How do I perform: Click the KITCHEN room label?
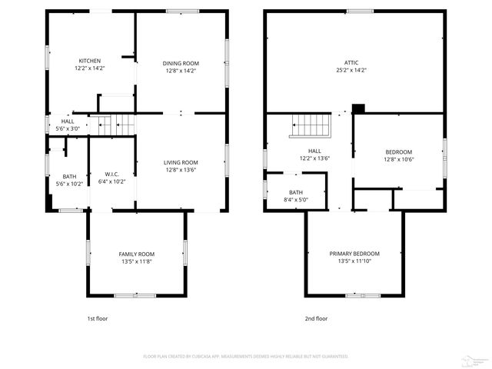(90, 61)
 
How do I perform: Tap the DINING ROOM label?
(180, 63)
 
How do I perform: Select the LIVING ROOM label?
(180, 162)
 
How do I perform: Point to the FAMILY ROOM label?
(136, 254)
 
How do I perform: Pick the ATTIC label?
(351, 62)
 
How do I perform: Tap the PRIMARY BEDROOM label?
(354, 254)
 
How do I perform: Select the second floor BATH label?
(296, 192)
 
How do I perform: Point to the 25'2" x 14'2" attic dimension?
(351, 70)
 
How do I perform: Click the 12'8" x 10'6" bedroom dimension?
(398, 160)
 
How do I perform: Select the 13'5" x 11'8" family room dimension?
(136, 261)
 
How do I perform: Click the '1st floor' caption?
(98, 318)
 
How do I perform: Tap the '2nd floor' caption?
(316, 318)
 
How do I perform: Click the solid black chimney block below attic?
(357, 108)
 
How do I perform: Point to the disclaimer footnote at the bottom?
(246, 357)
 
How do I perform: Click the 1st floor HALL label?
(68, 121)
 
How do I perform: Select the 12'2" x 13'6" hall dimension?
(314, 158)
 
